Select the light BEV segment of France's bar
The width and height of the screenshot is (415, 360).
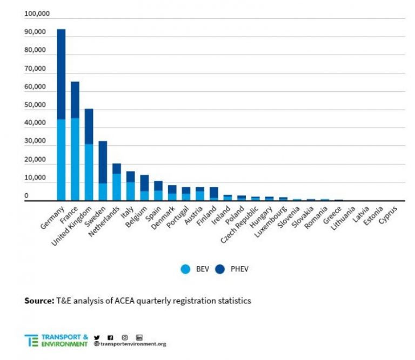click(x=75, y=159)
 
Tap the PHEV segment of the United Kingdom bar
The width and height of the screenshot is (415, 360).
click(x=89, y=126)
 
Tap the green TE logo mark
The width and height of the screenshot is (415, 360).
click(x=31, y=340)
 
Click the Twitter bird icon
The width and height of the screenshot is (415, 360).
click(x=97, y=337)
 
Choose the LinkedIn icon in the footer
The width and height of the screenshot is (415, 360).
click(x=139, y=337)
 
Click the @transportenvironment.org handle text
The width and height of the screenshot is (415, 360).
click(x=130, y=344)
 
